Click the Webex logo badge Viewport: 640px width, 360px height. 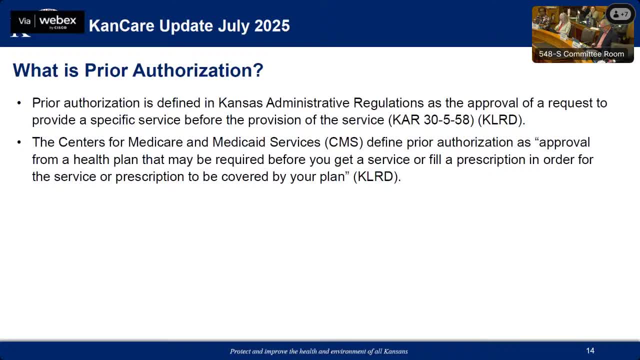[47, 22]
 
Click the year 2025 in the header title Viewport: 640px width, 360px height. [272, 25]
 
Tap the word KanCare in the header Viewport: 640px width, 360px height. [122, 25]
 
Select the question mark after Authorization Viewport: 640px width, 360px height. [258, 70]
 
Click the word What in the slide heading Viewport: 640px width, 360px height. [35, 70]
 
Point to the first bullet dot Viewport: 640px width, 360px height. [19, 103]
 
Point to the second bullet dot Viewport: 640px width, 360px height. [19, 142]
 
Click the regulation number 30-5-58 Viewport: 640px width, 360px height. [447, 119]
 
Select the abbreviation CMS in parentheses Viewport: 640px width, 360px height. [343, 142]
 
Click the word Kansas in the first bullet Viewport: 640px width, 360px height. [240, 103]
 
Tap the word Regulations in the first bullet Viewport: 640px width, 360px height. [388, 103]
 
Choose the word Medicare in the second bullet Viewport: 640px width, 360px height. [155, 142]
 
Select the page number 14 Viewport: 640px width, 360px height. [590, 350]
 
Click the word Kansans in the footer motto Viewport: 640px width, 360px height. [395, 351]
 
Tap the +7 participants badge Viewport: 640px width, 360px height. [620, 14]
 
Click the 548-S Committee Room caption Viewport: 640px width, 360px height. [581, 54]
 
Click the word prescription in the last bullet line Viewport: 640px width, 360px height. [149, 177]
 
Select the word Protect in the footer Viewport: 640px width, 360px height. [240, 351]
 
